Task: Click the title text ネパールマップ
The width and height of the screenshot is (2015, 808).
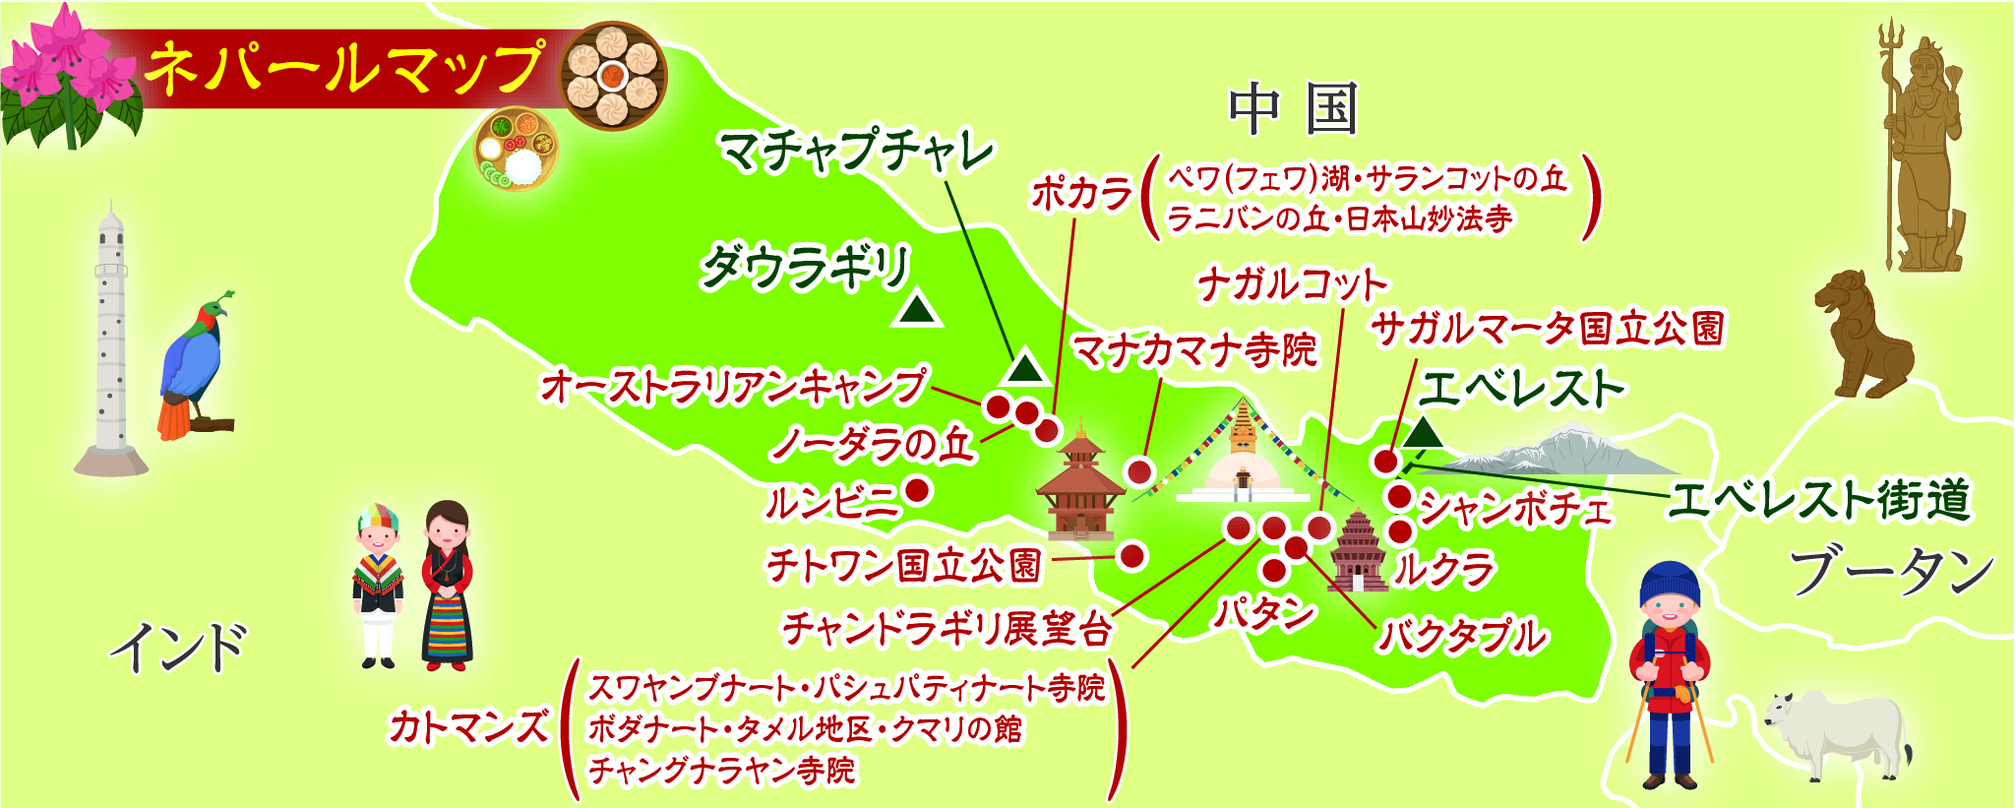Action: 343,68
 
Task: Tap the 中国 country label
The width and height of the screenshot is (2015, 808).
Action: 1294,109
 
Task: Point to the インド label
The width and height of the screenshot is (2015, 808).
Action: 178,648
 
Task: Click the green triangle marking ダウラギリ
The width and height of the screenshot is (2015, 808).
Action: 917,310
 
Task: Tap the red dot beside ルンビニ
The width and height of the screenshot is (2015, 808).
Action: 918,489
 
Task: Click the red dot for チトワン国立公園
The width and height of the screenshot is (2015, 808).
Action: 1132,556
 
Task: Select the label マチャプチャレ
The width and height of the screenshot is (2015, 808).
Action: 857,152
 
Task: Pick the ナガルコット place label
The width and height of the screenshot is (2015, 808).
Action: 1292,285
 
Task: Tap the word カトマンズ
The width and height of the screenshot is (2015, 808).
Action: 469,727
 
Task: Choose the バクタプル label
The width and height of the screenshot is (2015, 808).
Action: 1463,637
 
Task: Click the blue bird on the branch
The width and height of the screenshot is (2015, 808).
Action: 195,363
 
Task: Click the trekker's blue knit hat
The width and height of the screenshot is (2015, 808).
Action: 1670,584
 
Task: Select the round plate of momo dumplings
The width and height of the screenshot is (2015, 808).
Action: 613,75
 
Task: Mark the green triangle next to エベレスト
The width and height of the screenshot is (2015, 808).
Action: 1423,433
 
